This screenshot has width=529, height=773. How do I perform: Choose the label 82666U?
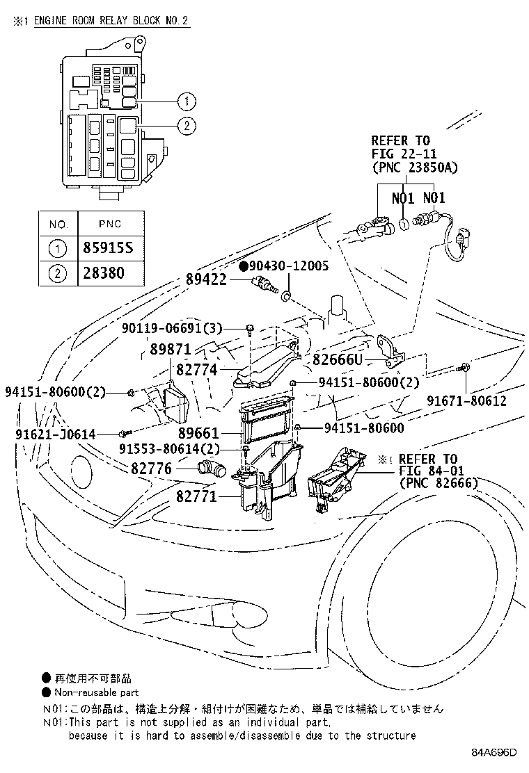pos(338,359)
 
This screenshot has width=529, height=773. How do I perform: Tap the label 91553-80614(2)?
pos(177,448)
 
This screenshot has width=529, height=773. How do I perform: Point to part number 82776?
pos(151,469)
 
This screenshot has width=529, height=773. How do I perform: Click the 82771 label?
pos(196,497)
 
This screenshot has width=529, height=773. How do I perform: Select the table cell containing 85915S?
pos(109,248)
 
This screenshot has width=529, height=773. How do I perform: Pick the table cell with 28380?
pos(109,273)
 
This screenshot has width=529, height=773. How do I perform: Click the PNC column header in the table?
pos(109,224)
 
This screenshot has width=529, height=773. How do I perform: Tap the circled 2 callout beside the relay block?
pos(186,126)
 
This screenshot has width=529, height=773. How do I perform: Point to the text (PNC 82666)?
pos(439,484)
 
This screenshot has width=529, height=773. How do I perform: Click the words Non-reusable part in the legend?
pos(97,692)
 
